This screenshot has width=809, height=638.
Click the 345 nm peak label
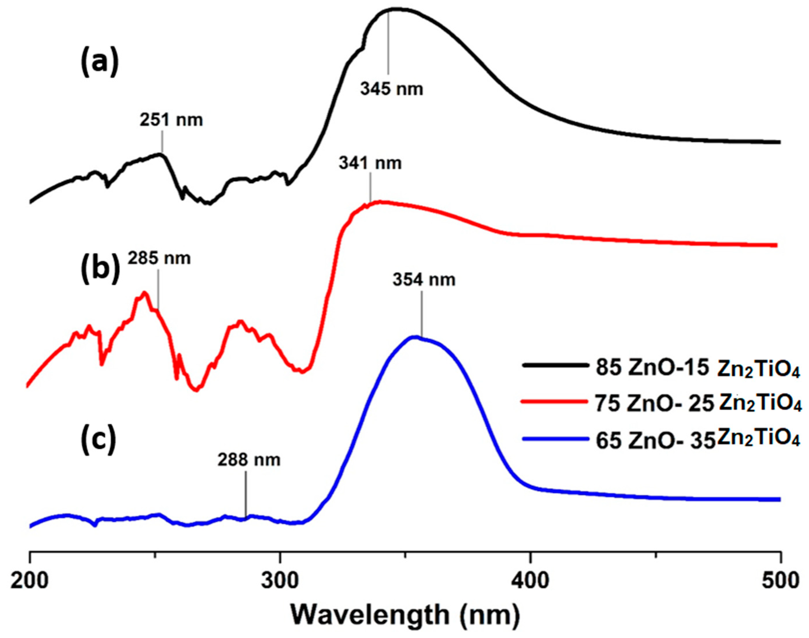[x=391, y=89]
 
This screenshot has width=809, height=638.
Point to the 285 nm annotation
[x=159, y=258]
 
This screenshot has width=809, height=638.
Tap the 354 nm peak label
[x=424, y=280]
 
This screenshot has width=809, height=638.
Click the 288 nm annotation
[x=249, y=460]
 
